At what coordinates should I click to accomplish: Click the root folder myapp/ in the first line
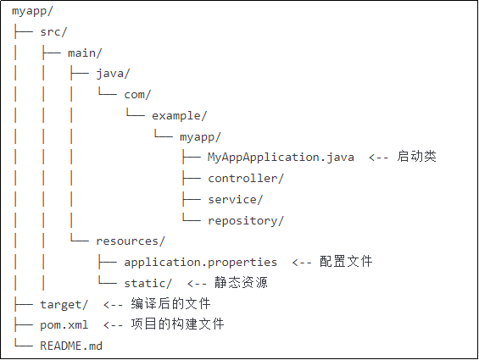click(x=32, y=11)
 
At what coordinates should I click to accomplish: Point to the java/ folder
click(x=113, y=74)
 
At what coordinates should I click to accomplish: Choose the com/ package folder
click(x=137, y=94)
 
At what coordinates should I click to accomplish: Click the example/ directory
click(x=179, y=115)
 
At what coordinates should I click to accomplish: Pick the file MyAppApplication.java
click(x=281, y=157)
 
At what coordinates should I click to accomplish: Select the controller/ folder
click(x=246, y=178)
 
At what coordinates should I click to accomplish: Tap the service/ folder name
click(x=236, y=199)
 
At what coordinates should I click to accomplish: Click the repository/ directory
click(x=246, y=220)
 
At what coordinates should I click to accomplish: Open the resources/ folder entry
click(x=131, y=241)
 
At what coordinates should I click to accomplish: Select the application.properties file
click(x=200, y=262)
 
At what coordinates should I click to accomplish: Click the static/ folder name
click(x=148, y=283)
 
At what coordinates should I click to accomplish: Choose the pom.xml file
click(x=64, y=324)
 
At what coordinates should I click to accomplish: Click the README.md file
click(x=71, y=346)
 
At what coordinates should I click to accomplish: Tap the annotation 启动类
click(x=416, y=157)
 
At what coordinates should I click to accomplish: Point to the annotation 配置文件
click(x=346, y=262)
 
